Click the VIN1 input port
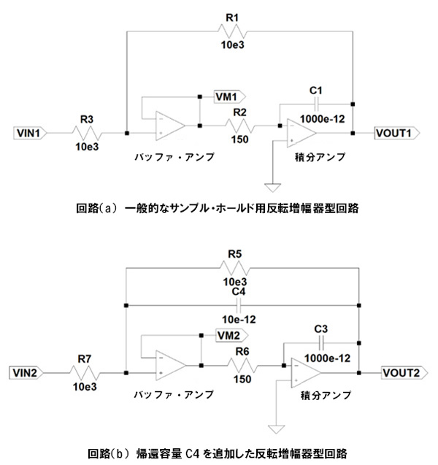tap(31, 134)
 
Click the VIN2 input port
tap(31, 372)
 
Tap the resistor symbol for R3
tap(87, 134)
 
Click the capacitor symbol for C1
tap(315, 104)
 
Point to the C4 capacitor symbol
tap(242, 304)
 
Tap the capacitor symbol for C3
tap(322, 342)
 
